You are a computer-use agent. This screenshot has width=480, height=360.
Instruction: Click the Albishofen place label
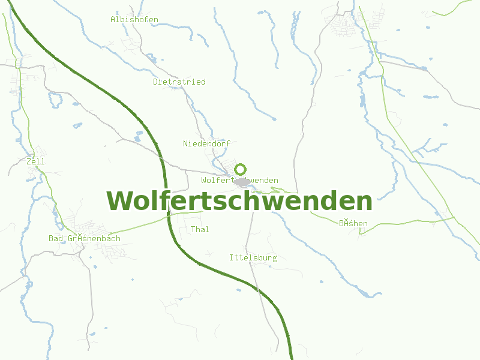pyautogui.click(x=134, y=20)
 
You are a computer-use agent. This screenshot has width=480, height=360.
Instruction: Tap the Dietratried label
pyautogui.click(x=179, y=82)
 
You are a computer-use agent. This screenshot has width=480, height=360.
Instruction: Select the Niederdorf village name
pyautogui.click(x=206, y=144)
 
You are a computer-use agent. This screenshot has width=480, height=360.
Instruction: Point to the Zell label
pyautogui.click(x=36, y=161)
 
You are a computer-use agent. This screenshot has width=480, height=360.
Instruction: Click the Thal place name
pyautogui.click(x=200, y=229)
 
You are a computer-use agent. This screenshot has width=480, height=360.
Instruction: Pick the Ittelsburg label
pyautogui.click(x=253, y=258)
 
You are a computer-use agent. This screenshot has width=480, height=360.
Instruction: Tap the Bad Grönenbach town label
pyautogui.click(x=85, y=239)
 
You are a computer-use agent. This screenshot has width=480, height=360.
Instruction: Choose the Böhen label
pyautogui.click(x=353, y=224)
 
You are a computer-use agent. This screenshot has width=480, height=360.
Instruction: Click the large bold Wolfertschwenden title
pyautogui.click(x=239, y=201)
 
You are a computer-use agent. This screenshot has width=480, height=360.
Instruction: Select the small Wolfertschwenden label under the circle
pyautogui.click(x=239, y=181)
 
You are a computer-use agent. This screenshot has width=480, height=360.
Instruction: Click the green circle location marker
pyautogui.click(x=240, y=169)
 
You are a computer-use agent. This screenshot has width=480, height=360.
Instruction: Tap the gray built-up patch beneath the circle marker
pyautogui.click(x=241, y=182)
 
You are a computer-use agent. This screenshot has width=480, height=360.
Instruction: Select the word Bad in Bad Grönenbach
pyautogui.click(x=56, y=239)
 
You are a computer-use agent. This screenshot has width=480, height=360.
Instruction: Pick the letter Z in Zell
pyautogui.click(x=29, y=161)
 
